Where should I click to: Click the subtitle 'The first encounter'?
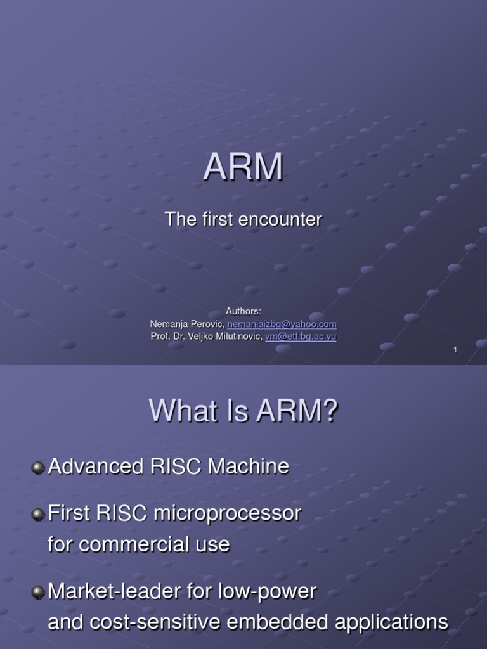coord(243,219)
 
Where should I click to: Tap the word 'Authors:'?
coord(243,311)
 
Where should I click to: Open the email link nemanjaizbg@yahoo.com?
coord(282,324)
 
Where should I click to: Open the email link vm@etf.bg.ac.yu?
coord(301,337)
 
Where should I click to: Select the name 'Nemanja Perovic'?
coord(186,324)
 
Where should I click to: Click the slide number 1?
coord(455,350)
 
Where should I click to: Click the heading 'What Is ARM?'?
coord(243,412)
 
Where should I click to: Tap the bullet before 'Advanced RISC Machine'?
coord(38,468)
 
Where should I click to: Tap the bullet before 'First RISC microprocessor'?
coord(38,515)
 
